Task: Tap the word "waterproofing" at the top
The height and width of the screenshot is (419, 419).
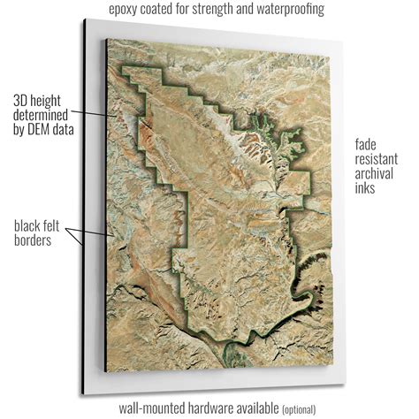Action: tap(285, 10)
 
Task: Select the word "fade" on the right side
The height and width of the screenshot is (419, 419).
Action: tap(367, 143)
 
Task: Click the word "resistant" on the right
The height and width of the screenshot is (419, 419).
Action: tap(377, 158)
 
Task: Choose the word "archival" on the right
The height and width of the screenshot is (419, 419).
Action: tap(377, 174)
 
